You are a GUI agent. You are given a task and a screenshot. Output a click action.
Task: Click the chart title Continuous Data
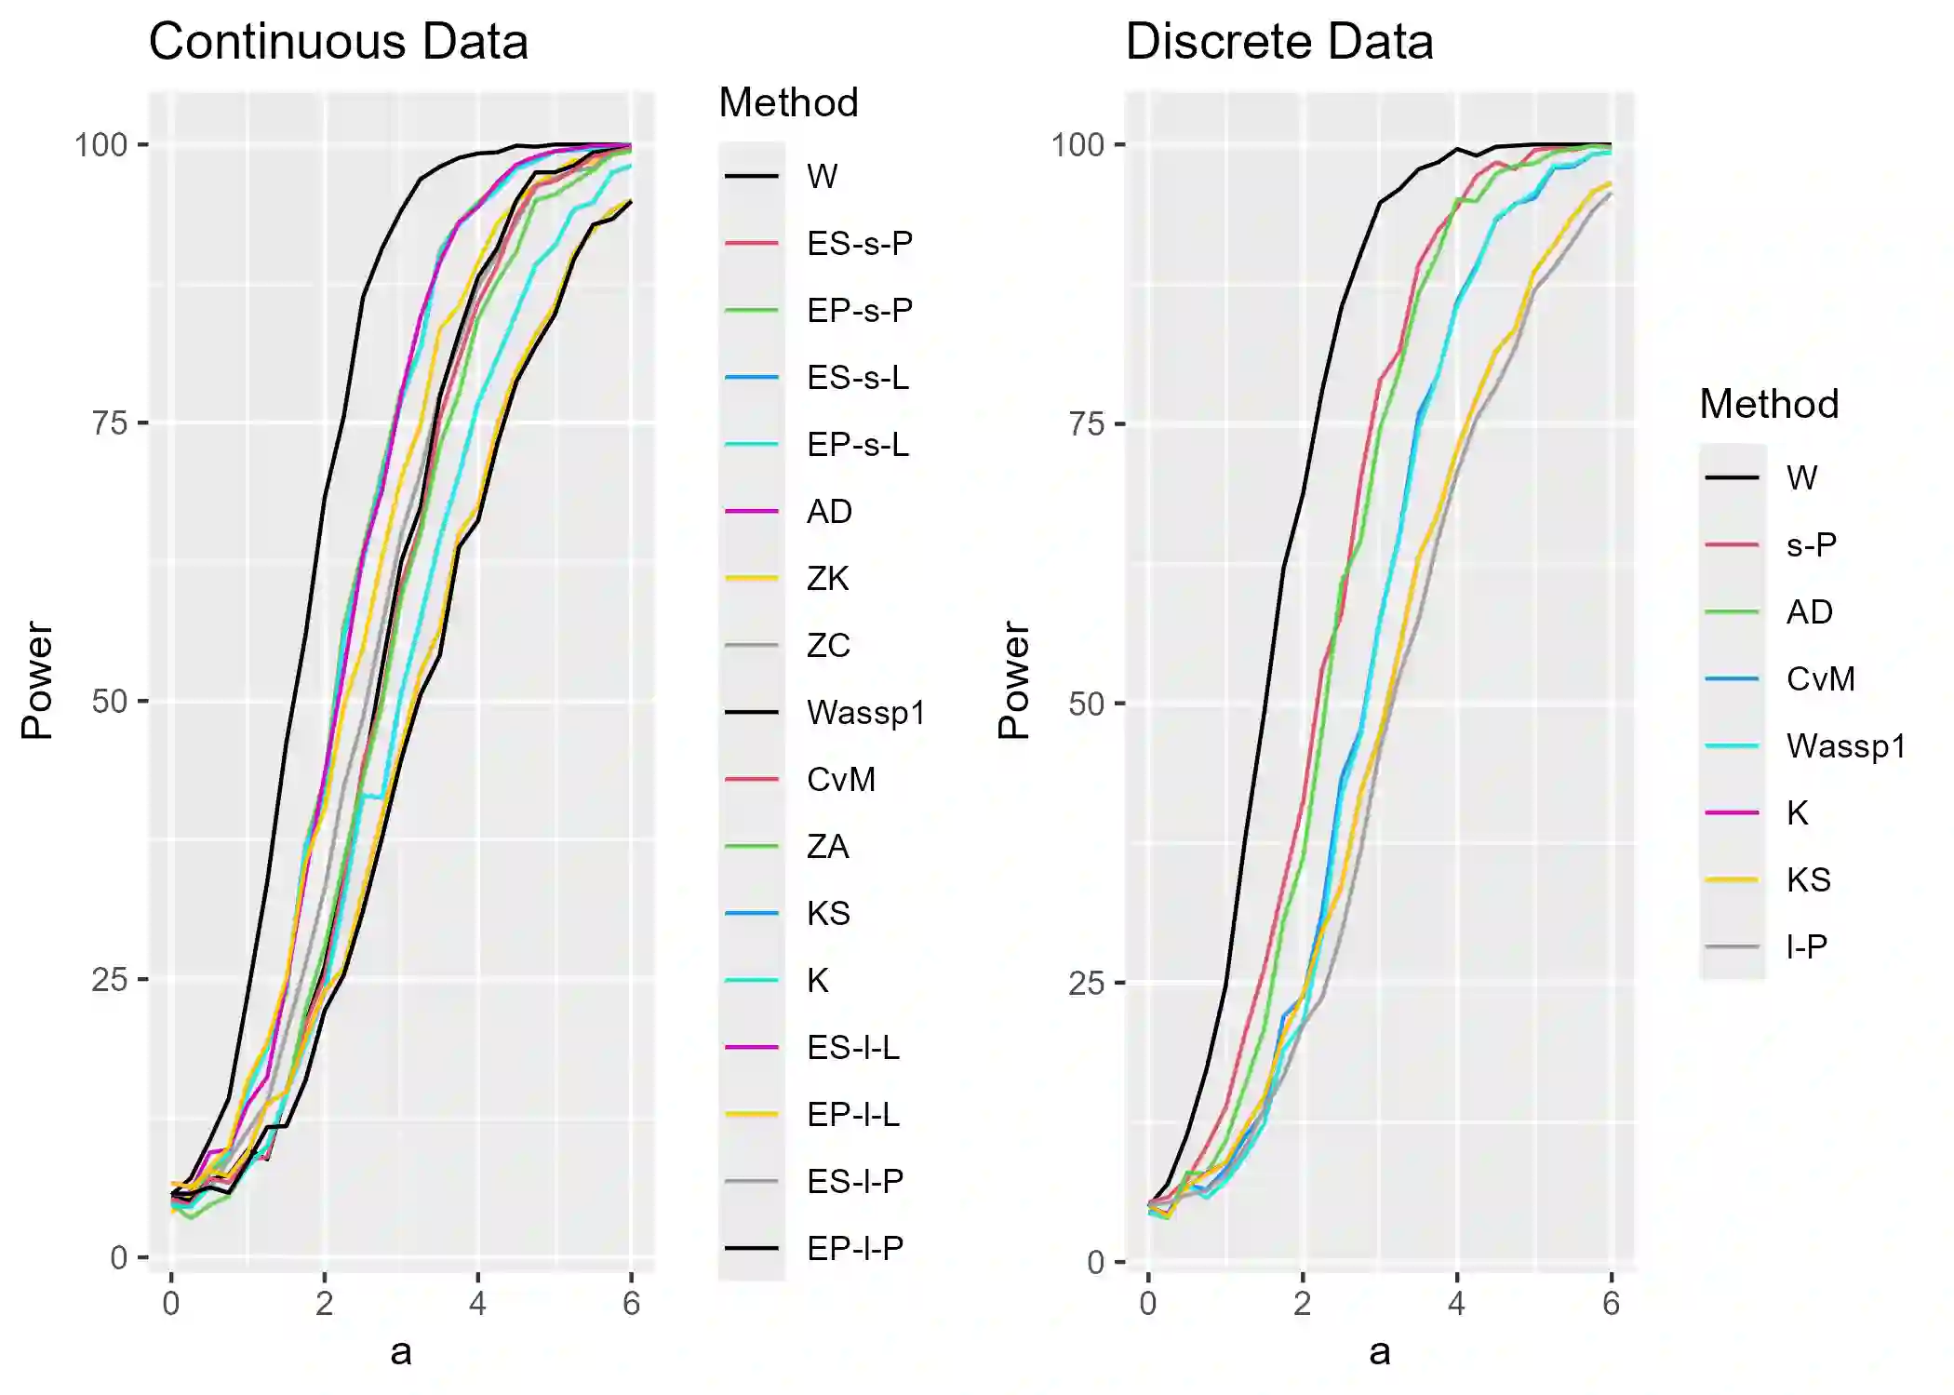[x=338, y=43]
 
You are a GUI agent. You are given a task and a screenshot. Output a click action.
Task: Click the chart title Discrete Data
[x=1278, y=43]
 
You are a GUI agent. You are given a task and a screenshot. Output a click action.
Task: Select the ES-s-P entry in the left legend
[x=859, y=244]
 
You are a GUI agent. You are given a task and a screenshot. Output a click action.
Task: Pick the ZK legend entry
[x=827, y=579]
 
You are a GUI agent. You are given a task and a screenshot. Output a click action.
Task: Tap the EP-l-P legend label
[x=854, y=1249]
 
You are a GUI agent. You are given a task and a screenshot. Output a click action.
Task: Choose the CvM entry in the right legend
[x=1820, y=679]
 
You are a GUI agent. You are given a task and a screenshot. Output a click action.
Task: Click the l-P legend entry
[x=1806, y=947]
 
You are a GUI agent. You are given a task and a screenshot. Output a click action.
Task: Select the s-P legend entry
[x=1811, y=545]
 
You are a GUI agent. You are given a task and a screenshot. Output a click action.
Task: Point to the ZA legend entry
[x=827, y=847]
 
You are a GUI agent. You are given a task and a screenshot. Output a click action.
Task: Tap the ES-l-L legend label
[x=852, y=1048]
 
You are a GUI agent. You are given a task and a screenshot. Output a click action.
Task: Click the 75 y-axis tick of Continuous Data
[x=109, y=423]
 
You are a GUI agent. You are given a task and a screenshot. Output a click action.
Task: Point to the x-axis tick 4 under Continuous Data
[x=477, y=1304]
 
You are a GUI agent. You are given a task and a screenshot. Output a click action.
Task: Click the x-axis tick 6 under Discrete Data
[x=1611, y=1304]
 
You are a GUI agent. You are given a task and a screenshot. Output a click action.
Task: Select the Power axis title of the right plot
[x=1013, y=680]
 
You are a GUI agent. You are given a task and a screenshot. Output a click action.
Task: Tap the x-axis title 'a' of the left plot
[x=401, y=1352]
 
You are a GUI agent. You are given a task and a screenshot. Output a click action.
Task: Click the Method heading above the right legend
[x=1768, y=405]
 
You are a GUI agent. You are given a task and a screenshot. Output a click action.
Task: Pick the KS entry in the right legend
[x=1808, y=880]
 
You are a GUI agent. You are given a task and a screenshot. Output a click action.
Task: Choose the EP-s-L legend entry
[x=857, y=445]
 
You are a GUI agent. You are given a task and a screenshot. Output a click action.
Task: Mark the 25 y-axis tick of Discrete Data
[x=1086, y=984]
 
